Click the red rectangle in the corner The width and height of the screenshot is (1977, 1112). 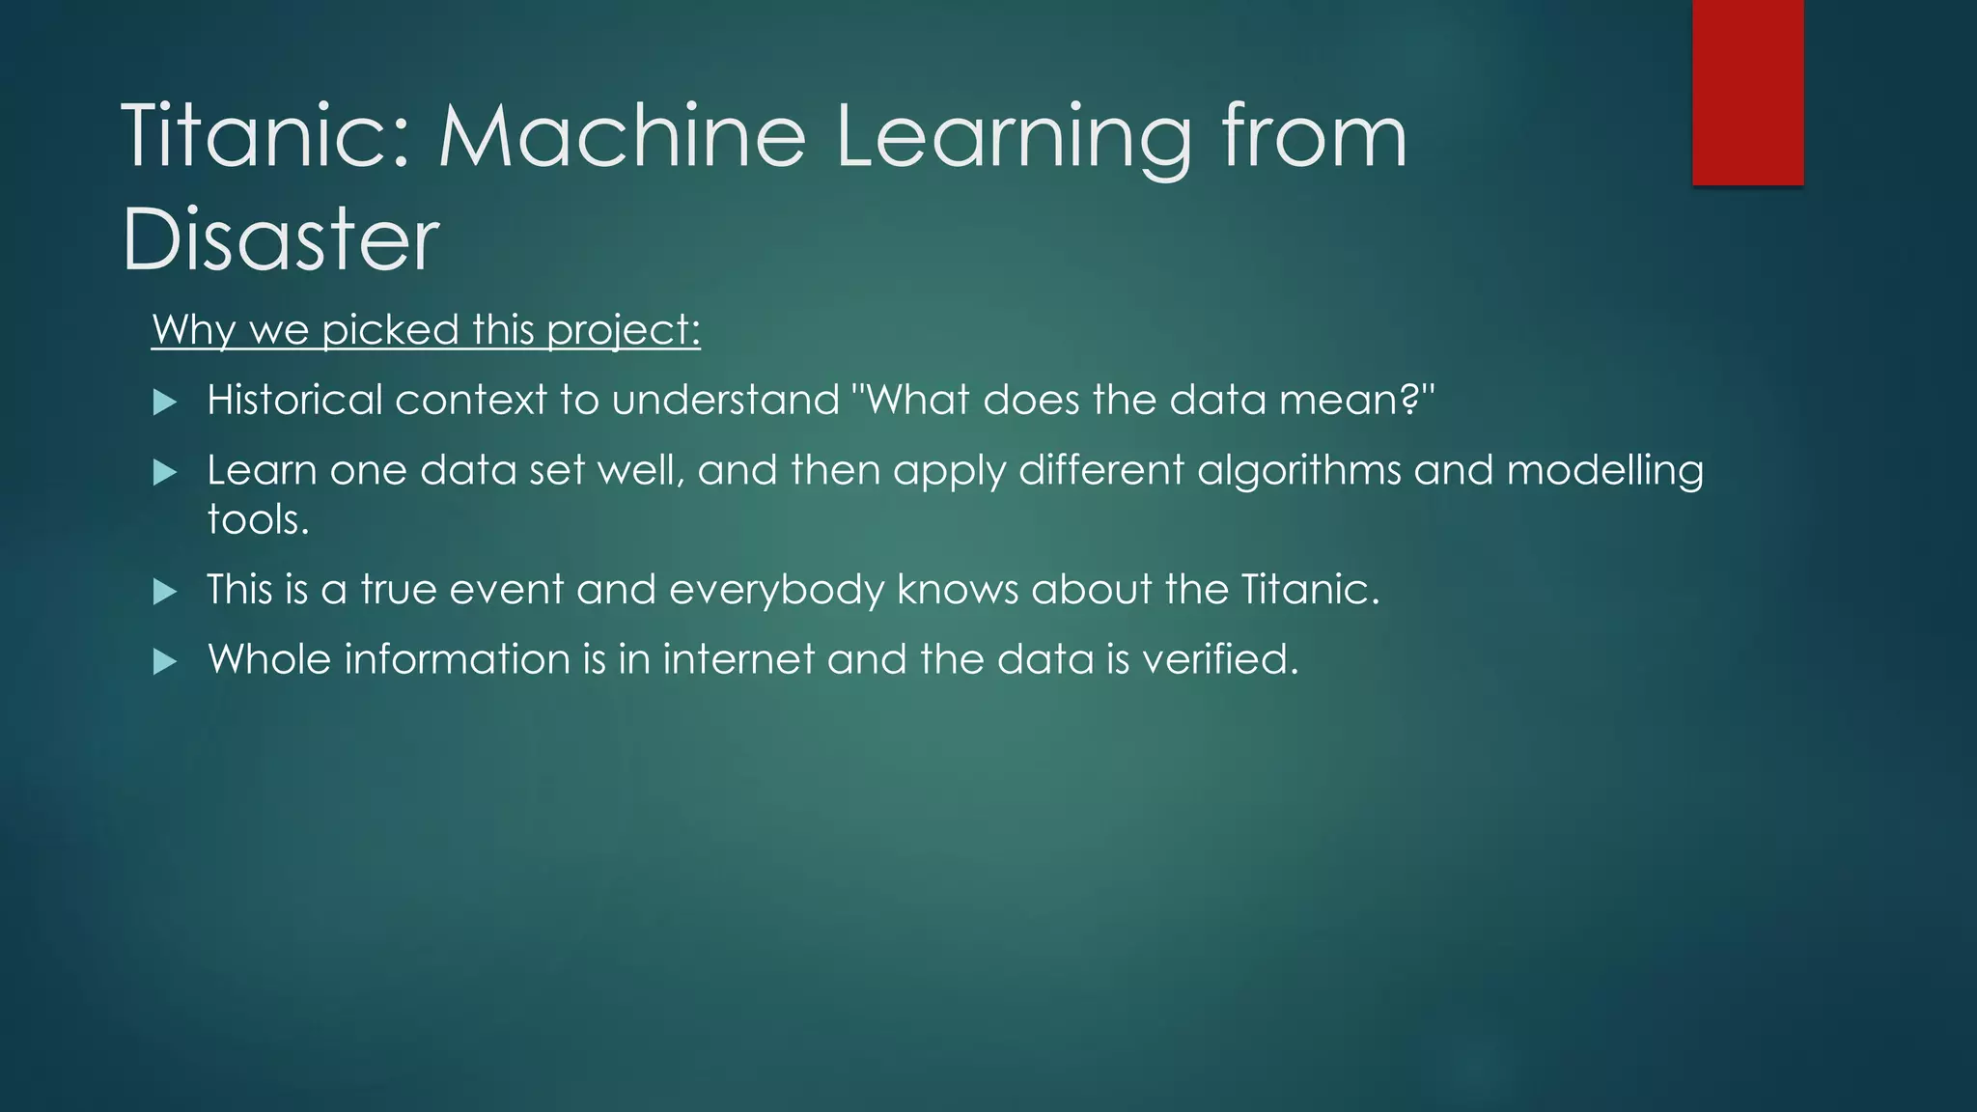(x=1747, y=93)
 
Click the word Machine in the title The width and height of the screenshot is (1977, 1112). (x=623, y=136)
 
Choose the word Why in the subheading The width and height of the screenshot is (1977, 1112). (x=193, y=331)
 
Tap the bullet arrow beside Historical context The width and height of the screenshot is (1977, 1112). (x=165, y=403)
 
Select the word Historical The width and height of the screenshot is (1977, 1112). (x=295, y=401)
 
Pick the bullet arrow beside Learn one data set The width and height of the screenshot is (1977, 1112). (x=165, y=473)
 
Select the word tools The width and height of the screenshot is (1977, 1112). (x=258, y=520)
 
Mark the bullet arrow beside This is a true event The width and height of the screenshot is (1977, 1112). (x=165, y=592)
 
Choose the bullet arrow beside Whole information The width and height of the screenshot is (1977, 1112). (x=165, y=662)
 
